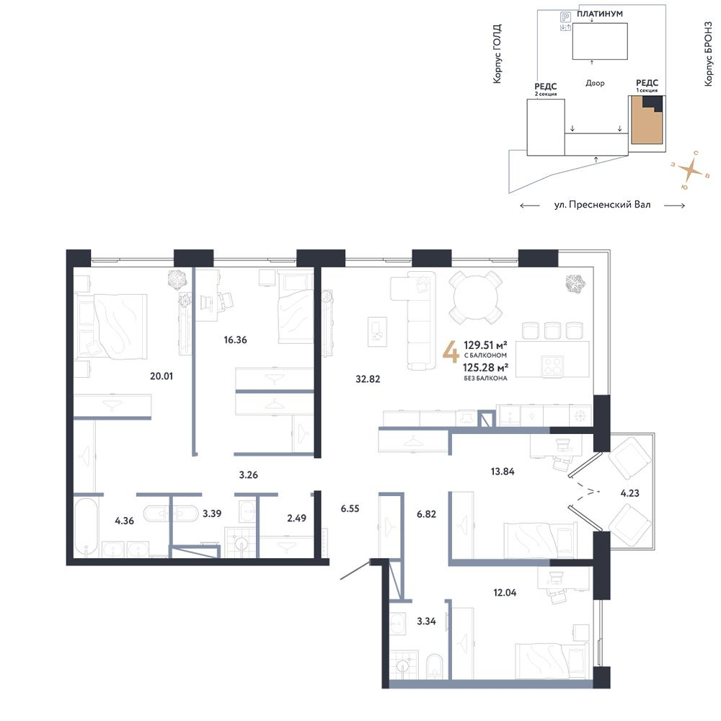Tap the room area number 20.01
(161, 376)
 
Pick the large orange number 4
(451, 353)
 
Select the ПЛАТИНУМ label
(600, 14)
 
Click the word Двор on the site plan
(595, 83)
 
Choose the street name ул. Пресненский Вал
(602, 205)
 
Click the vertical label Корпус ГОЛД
(497, 54)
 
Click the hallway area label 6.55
(350, 508)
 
